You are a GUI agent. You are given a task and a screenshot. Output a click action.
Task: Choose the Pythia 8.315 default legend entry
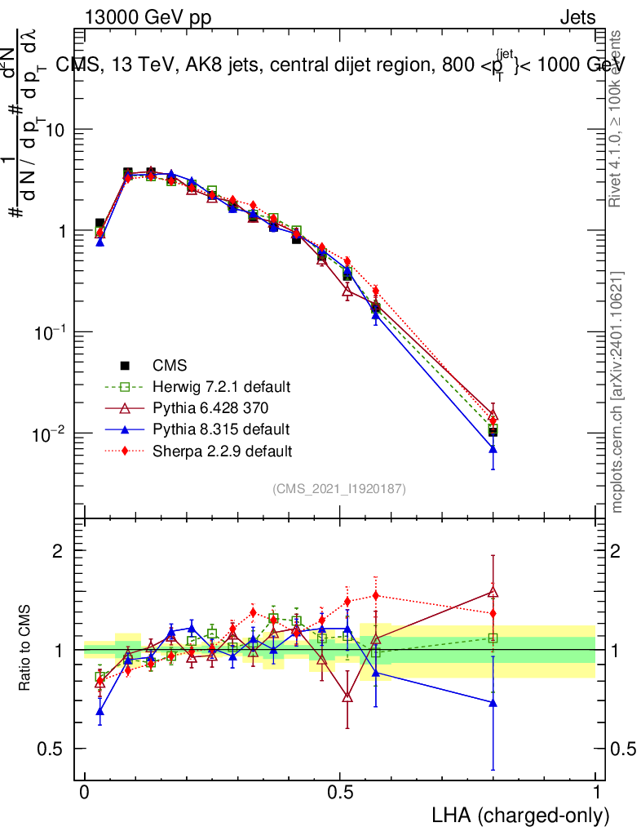coord(220,429)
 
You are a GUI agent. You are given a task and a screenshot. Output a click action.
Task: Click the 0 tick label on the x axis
coord(85,792)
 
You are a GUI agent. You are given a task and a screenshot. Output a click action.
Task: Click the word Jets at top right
coord(577,18)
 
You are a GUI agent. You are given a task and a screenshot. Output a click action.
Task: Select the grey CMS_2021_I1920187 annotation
coord(339,488)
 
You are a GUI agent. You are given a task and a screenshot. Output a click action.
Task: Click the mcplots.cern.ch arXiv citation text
coord(618,391)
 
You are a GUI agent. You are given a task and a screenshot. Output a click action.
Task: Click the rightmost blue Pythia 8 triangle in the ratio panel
coord(493,701)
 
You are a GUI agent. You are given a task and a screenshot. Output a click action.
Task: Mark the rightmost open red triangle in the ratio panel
coord(493,593)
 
